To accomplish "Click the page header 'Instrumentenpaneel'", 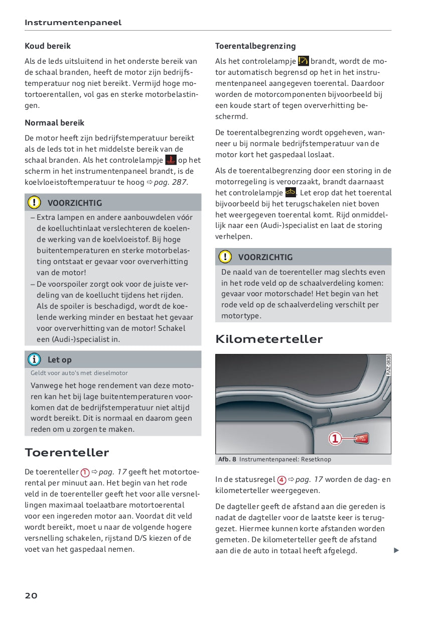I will pyautogui.click(x=73, y=23).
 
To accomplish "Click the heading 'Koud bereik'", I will pyautogui.click(x=48, y=46).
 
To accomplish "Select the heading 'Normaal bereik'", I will pyautogui.click(x=55, y=123).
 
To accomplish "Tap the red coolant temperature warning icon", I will pyautogui.click(x=171, y=160).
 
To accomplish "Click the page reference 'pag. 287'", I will pyautogui.click(x=171, y=182).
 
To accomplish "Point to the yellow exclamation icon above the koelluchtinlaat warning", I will pyautogui.click(x=34, y=203).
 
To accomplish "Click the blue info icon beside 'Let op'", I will pyautogui.click(x=34, y=359).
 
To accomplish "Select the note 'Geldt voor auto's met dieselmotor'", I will pyautogui.click(x=79, y=373).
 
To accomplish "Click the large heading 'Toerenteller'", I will pyautogui.click(x=67, y=452).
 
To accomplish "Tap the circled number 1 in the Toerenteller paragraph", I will pyautogui.click(x=85, y=472).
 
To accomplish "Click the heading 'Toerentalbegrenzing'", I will pyautogui.click(x=255, y=46).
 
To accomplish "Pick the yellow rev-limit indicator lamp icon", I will pyautogui.click(x=304, y=61).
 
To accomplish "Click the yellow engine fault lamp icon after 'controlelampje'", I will pyautogui.click(x=290, y=192).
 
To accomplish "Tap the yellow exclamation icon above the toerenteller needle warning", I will pyautogui.click(x=225, y=257).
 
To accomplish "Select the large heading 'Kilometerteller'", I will pyautogui.click(x=269, y=339).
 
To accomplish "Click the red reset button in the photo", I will pyautogui.click(x=361, y=439).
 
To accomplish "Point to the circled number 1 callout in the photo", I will pyautogui.click(x=335, y=439).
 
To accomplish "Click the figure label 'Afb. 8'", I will pyautogui.click(x=227, y=459).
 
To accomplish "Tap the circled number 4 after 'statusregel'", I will pyautogui.click(x=282, y=480).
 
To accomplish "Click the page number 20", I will pyautogui.click(x=31, y=596).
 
